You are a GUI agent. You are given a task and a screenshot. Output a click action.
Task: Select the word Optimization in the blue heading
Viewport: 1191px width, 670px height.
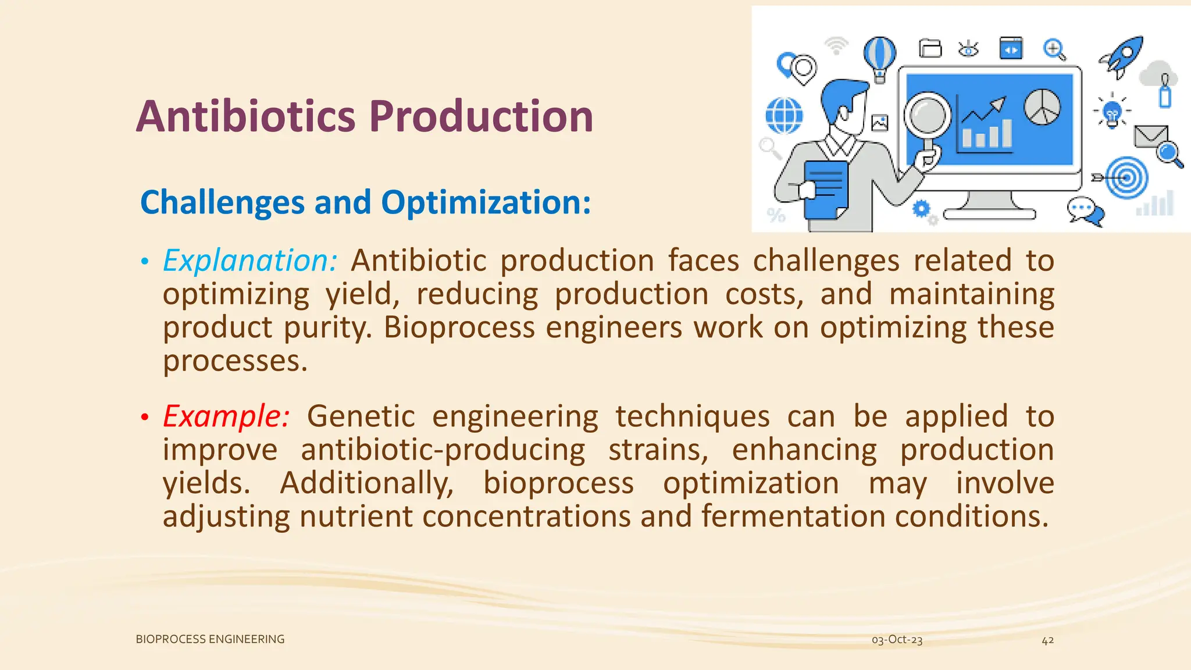coord(486,202)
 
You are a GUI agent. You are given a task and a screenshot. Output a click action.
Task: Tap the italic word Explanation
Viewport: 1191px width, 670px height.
coord(249,260)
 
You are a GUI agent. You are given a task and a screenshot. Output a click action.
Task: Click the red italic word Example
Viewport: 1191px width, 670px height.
coord(226,416)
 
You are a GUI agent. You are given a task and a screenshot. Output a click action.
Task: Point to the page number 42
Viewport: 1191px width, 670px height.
coord(1047,640)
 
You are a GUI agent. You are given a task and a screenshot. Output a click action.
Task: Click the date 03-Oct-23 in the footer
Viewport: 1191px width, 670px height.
coord(897,640)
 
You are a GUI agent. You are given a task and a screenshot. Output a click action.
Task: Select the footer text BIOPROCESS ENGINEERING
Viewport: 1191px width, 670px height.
coord(210,639)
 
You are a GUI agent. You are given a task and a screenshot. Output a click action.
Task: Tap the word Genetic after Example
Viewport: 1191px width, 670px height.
coord(361,416)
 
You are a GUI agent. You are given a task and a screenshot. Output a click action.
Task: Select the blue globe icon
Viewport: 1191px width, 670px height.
coord(784,116)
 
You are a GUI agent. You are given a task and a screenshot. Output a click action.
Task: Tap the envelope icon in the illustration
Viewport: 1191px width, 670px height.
coord(1150,137)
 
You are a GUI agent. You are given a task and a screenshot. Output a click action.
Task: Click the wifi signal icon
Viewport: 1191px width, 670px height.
coord(837,45)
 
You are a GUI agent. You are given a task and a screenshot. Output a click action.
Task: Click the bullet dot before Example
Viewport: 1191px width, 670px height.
coord(144,417)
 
